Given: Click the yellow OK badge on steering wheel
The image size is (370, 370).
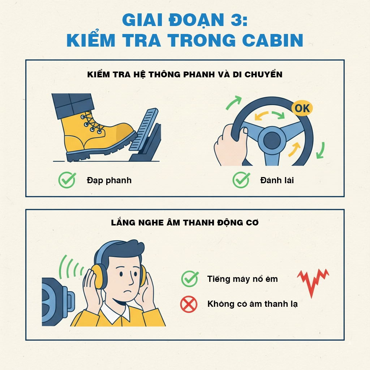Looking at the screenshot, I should point(302,108).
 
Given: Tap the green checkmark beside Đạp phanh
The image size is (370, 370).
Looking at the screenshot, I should point(67,180).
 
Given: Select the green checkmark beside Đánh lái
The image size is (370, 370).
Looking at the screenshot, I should point(241,180).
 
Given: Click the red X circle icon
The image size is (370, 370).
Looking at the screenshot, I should point(189,304).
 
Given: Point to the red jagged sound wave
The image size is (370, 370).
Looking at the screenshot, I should point(313,280).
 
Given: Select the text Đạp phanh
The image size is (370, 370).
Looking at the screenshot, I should point(109,180).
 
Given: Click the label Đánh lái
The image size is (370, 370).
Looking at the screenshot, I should point(277,180).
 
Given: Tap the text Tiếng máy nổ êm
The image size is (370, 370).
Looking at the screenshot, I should point(242,279).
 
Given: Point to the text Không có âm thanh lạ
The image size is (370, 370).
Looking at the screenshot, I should point(252,304).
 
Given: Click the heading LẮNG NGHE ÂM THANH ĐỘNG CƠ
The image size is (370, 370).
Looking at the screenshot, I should point(185,223).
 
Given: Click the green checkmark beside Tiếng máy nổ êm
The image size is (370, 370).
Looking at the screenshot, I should point(190,279).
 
